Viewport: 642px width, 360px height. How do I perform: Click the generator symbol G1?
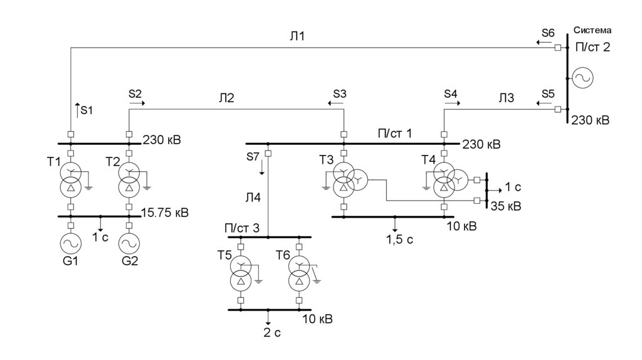click(71, 244)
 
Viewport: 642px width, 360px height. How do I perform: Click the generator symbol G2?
click(129, 244)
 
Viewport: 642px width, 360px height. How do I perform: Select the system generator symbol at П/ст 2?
click(582, 78)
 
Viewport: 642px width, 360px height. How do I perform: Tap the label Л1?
click(297, 36)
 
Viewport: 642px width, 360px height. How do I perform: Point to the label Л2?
click(226, 98)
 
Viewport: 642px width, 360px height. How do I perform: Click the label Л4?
click(253, 198)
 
